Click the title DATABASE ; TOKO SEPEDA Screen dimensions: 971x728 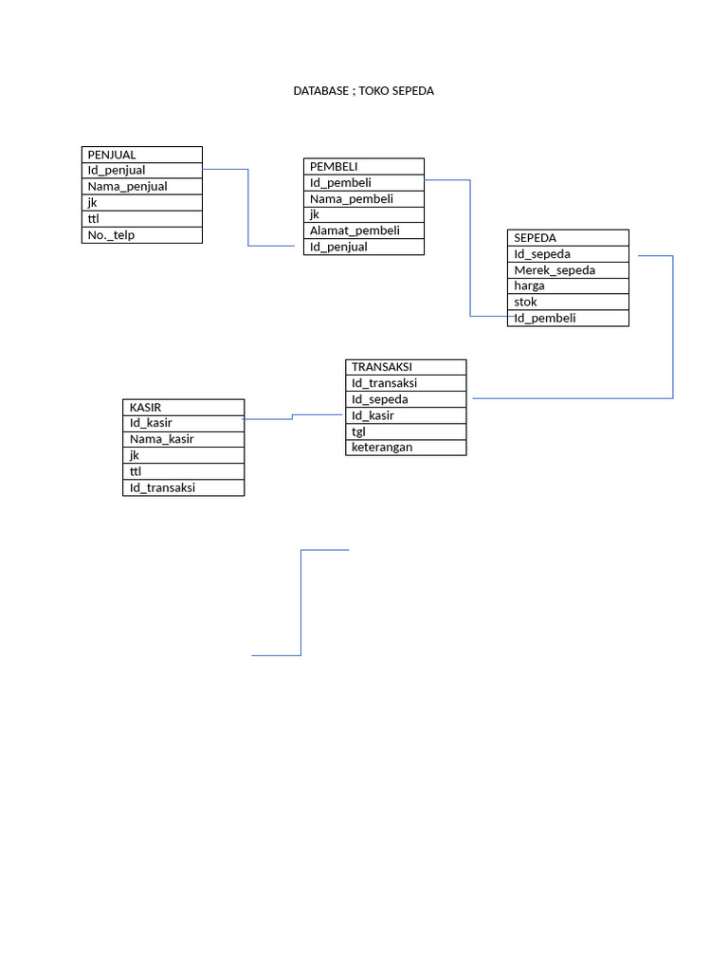pyautogui.click(x=363, y=91)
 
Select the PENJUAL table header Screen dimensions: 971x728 pyautogui.click(x=141, y=155)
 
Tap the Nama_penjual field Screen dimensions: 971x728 pyautogui.click(x=141, y=187)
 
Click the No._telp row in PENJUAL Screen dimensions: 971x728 pyautogui.click(x=141, y=235)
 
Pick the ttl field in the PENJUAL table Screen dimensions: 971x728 pyautogui.click(x=141, y=219)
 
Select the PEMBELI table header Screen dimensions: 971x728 pyautogui.click(x=363, y=167)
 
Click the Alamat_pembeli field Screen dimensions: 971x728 pyautogui.click(x=363, y=230)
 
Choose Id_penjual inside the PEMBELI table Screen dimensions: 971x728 pyautogui.click(x=363, y=247)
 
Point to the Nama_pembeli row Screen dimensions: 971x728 pyautogui.click(x=363, y=199)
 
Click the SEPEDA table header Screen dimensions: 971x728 pyautogui.click(x=568, y=238)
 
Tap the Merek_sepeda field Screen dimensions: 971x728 pyautogui.click(x=568, y=270)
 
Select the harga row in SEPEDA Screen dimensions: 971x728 pyautogui.click(x=568, y=285)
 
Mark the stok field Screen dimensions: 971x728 pyautogui.click(x=568, y=302)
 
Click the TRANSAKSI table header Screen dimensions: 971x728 pyautogui.click(x=406, y=367)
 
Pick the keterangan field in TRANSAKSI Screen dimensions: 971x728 pyautogui.click(x=406, y=448)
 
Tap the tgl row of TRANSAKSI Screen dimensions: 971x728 pyautogui.click(x=406, y=431)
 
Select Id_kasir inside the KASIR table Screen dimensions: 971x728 pyautogui.click(x=183, y=423)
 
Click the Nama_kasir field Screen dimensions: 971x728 pyautogui.click(x=183, y=439)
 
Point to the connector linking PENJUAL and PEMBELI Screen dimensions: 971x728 pyautogui.click(x=248, y=209)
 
